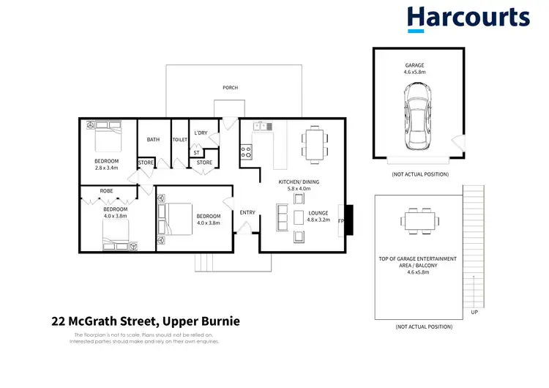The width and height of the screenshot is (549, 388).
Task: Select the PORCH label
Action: (x=231, y=88)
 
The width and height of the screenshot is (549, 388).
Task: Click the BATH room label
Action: (x=153, y=139)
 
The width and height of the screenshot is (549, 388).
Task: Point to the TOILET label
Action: (x=179, y=139)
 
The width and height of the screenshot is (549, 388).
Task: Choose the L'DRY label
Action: (x=201, y=133)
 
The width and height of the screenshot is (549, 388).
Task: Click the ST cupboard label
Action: (x=196, y=152)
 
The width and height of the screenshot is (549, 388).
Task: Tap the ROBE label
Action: (x=107, y=192)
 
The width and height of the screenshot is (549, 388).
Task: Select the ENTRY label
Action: (x=247, y=212)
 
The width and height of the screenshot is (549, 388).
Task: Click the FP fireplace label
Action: (x=341, y=220)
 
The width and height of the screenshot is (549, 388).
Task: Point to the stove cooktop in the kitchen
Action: (x=247, y=152)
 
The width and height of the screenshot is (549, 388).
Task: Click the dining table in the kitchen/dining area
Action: (x=315, y=142)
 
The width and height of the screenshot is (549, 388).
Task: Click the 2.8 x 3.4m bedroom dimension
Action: (x=106, y=168)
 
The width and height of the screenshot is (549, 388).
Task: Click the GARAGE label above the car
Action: (x=414, y=65)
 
